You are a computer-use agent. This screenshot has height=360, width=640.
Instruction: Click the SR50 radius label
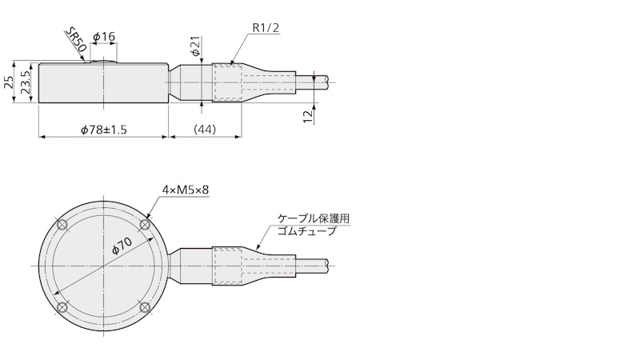pyautogui.click(x=76, y=41)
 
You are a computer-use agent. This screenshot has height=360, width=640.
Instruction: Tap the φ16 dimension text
pyautogui.click(x=104, y=37)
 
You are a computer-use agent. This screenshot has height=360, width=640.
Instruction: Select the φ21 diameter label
pyautogui.click(x=195, y=46)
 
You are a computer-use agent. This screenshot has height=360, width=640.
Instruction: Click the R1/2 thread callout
pyautogui.click(x=266, y=28)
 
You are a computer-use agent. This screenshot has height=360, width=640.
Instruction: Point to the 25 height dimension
pyautogui.click(x=9, y=82)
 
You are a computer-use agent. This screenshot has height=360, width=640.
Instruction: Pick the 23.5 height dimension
pyautogui.click(x=26, y=82)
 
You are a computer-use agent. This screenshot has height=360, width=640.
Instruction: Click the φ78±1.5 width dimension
pyautogui.click(x=104, y=130)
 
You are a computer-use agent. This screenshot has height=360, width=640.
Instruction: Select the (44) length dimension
pyautogui.click(x=205, y=130)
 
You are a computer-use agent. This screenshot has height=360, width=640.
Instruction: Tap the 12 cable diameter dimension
pyautogui.click(x=308, y=116)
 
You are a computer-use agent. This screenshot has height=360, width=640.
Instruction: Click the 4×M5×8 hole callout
pyautogui.click(x=186, y=190)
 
